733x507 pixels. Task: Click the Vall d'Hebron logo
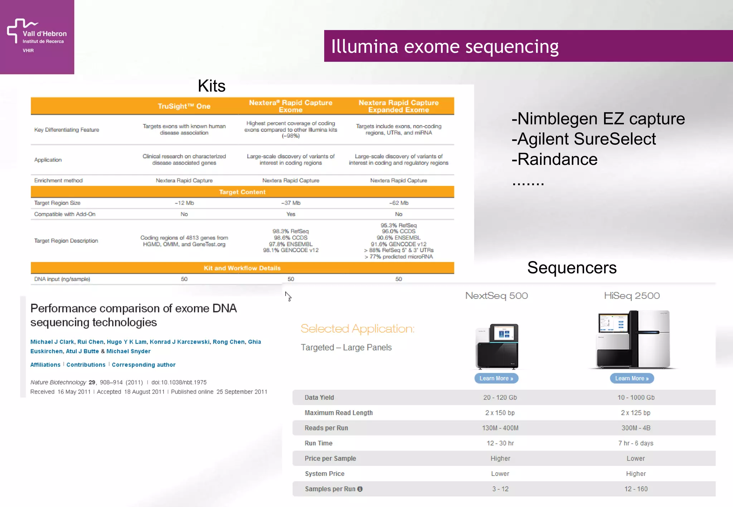click(x=37, y=36)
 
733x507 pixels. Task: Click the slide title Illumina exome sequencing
click(x=445, y=46)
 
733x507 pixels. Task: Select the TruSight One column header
click(x=184, y=106)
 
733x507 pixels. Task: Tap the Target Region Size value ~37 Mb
click(x=291, y=203)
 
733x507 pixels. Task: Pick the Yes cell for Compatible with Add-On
click(x=291, y=214)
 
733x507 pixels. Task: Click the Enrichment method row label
click(x=58, y=181)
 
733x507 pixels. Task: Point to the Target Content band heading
click(x=242, y=192)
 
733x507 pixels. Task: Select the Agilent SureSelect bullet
click(x=584, y=139)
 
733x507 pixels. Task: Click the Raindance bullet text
click(x=555, y=159)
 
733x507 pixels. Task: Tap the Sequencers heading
click(x=572, y=268)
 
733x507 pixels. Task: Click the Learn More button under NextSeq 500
click(x=496, y=378)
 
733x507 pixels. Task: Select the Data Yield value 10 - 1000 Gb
click(x=636, y=398)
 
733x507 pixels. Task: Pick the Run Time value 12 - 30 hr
click(x=500, y=443)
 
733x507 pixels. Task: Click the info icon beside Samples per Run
click(x=360, y=489)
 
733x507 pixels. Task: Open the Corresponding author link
click(x=144, y=365)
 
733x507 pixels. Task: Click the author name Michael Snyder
click(x=128, y=351)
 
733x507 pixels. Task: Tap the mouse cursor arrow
click(x=288, y=296)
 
